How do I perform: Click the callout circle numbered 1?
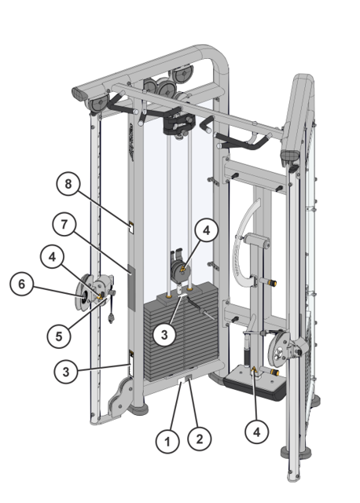(167, 442)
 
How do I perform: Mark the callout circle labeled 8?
(68, 185)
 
